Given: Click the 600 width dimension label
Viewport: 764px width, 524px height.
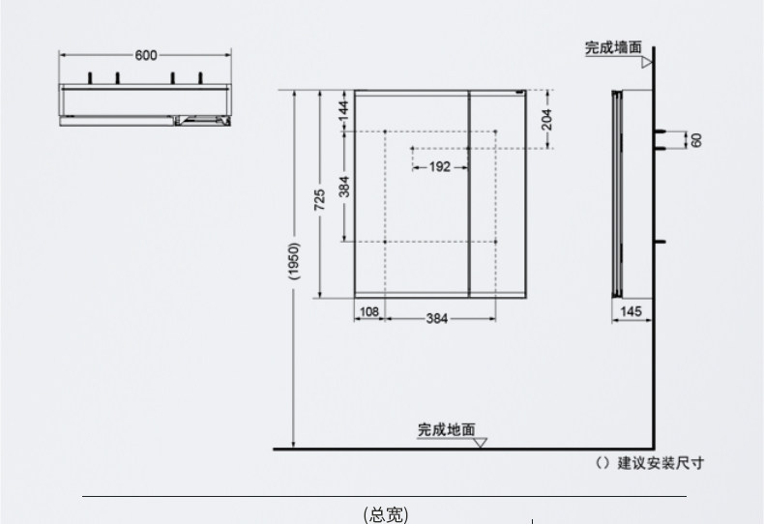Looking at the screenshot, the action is [x=146, y=55].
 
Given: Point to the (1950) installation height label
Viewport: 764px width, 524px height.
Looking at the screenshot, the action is [x=294, y=262].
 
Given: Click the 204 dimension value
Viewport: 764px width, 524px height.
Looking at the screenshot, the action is [x=546, y=119].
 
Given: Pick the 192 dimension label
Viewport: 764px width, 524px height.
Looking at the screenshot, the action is [x=439, y=166].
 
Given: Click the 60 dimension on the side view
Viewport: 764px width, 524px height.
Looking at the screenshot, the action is [x=695, y=139].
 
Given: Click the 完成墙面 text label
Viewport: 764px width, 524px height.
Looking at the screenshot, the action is [x=613, y=47].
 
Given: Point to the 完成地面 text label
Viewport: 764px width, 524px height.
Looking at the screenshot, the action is [x=447, y=428].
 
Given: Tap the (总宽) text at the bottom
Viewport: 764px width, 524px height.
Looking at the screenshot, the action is [x=386, y=514].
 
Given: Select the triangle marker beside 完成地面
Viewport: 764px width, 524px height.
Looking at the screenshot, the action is [x=481, y=443].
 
